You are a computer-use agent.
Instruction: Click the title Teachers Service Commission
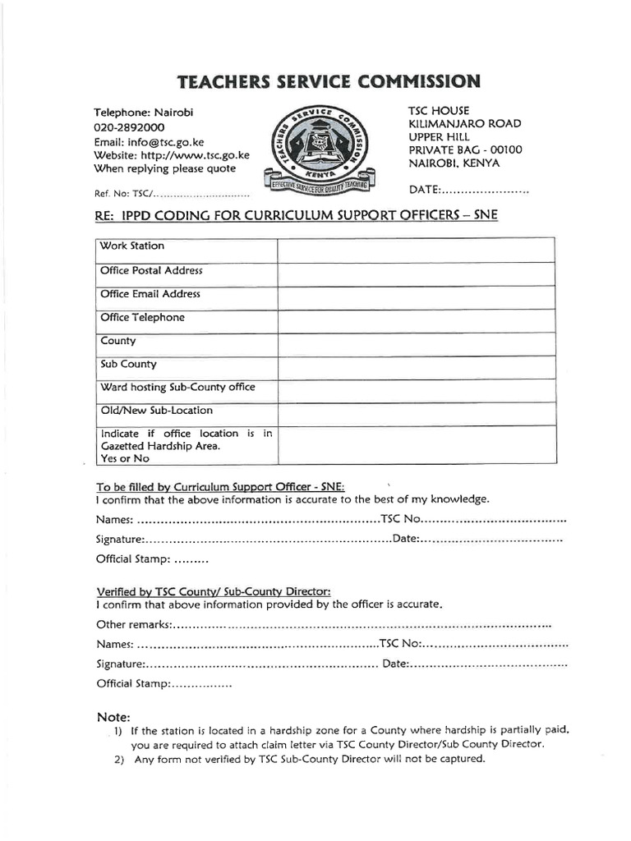tap(327, 81)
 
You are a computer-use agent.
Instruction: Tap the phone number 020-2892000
tap(129, 127)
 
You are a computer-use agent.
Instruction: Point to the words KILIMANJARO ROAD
tap(464, 124)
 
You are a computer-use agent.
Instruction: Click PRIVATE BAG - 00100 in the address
tap(464, 150)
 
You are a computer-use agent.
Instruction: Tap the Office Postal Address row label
tap(151, 270)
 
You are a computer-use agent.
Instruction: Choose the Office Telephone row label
tap(142, 317)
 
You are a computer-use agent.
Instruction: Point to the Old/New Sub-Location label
tap(156, 410)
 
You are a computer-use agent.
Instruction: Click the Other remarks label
tap(132, 625)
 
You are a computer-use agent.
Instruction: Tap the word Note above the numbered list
tap(113, 717)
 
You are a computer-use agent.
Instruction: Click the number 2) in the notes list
tap(118, 759)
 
